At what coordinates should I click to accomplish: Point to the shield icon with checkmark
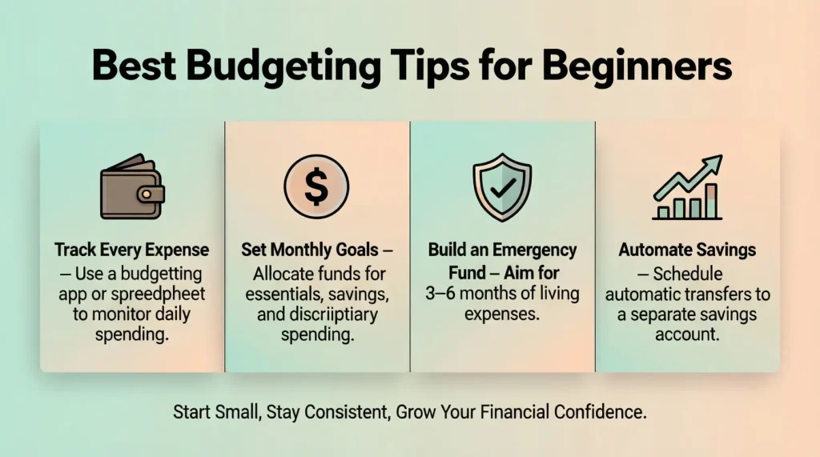[502, 189]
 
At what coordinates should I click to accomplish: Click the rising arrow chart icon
[687, 190]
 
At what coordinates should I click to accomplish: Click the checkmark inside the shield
[502, 190]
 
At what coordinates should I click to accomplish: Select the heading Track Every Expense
[132, 250]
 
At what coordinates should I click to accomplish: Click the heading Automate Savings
[687, 250]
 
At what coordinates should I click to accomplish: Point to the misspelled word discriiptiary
[328, 315]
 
